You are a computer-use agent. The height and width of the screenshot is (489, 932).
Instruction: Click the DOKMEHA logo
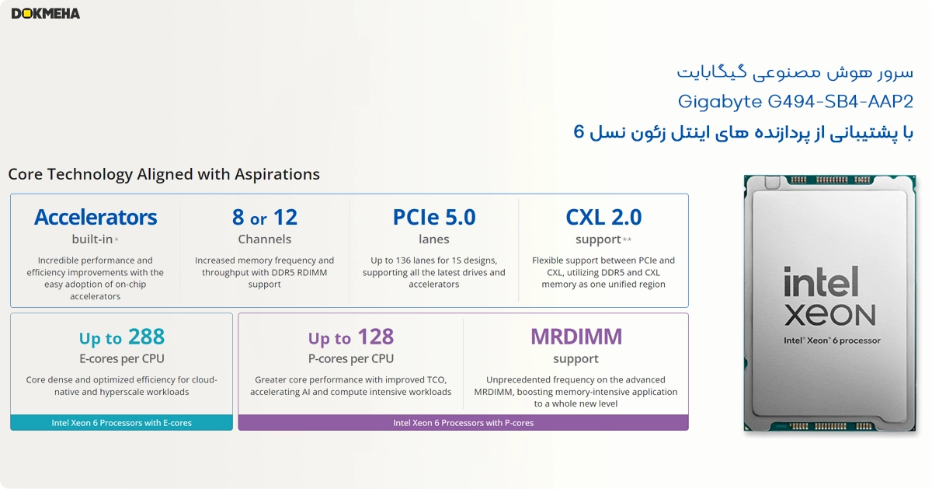tap(46, 14)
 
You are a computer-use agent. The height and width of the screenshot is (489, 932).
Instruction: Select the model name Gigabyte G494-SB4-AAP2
tap(795, 102)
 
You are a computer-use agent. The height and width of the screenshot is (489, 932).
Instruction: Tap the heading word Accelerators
tap(96, 217)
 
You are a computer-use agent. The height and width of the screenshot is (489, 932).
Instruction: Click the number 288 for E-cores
tap(147, 337)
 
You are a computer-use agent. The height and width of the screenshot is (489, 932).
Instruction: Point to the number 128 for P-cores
tap(376, 337)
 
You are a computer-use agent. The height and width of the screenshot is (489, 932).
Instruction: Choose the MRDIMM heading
tap(576, 337)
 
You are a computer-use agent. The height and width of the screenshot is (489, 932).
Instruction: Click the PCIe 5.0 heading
tap(434, 217)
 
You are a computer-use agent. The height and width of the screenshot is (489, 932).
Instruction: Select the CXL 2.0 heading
tap(603, 217)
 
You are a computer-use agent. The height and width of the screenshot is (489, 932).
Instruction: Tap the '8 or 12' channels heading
tap(265, 217)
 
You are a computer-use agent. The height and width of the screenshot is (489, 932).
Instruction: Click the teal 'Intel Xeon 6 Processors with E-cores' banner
tap(121, 422)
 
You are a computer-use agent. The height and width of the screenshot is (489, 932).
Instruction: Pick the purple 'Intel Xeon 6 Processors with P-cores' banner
tap(463, 422)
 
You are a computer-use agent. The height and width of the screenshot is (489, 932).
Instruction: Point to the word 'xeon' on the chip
tap(830, 315)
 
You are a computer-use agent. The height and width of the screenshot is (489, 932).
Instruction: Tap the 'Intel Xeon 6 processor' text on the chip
tap(832, 341)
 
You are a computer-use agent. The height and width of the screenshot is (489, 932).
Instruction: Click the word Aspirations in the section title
tap(277, 174)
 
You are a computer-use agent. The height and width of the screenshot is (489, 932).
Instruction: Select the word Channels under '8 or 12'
tap(265, 239)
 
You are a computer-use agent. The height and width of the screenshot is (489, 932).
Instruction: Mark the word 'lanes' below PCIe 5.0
tap(434, 239)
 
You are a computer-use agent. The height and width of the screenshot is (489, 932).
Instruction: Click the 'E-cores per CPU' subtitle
tap(122, 358)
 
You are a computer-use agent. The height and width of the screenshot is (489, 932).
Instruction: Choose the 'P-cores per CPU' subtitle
tap(351, 358)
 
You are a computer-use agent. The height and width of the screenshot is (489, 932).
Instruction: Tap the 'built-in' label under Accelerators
tap(92, 239)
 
